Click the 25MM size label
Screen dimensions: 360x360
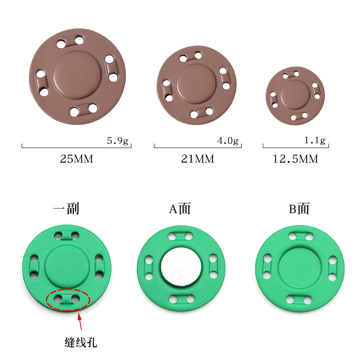click(76, 159)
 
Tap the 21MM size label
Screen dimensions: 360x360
click(198, 159)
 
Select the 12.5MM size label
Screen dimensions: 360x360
click(295, 159)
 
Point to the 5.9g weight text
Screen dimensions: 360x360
click(117, 140)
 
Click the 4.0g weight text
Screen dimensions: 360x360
click(228, 140)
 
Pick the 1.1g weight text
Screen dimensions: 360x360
click(315, 140)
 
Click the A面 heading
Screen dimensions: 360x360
click(180, 209)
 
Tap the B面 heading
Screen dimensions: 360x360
click(299, 209)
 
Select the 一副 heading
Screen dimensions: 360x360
click(66, 208)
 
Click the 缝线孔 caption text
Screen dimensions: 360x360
click(81, 342)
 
